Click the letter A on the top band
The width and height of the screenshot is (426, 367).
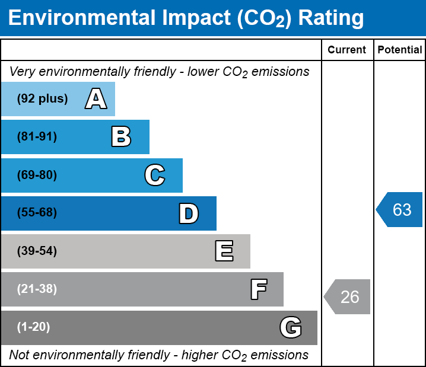point(96,98)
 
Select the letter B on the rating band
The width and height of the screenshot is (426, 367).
point(121,136)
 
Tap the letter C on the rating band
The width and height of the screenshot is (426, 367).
point(155,175)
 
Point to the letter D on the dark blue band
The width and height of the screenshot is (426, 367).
point(189,213)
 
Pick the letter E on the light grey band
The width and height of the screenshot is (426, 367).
point(224,251)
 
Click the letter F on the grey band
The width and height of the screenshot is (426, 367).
point(259,289)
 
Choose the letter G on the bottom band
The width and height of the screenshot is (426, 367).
point(291,327)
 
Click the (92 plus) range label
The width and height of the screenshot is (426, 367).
point(42,98)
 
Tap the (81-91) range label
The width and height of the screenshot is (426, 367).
point(37,136)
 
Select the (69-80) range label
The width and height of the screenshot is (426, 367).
point(37,175)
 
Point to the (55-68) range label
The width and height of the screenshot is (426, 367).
point(37,212)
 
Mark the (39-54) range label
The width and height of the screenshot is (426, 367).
point(37,251)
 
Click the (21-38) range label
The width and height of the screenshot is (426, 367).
point(37,289)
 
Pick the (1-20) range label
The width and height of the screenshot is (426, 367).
point(33,327)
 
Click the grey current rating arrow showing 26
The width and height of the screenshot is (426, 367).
point(347,296)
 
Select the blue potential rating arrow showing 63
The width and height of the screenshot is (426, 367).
point(399,209)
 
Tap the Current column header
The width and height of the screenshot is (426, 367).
point(346,50)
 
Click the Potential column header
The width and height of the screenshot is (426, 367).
point(400,50)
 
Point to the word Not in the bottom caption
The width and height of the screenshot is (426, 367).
point(19,355)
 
